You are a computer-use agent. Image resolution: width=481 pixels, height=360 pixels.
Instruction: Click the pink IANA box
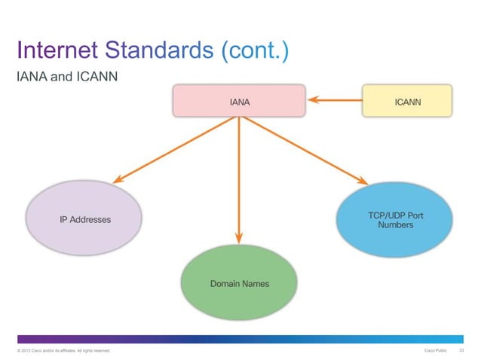tap(239, 100)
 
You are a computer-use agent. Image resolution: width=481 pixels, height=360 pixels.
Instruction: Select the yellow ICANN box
tap(407, 100)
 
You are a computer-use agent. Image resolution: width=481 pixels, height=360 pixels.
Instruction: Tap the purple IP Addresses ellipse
tap(84, 219)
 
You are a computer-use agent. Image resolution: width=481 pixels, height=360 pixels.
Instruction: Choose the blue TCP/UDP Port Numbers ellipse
tap(395, 220)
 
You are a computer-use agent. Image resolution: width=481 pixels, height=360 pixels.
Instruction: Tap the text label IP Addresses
tap(85, 220)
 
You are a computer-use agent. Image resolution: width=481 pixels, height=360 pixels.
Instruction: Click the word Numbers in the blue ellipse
tap(395, 225)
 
